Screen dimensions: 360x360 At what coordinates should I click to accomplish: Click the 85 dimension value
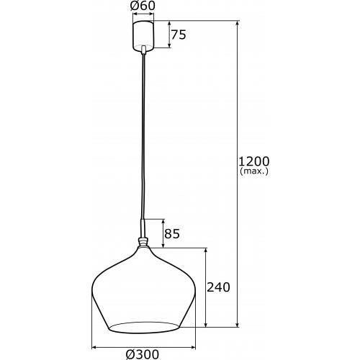[173, 233]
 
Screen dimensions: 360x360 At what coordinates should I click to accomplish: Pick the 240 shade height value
[218, 287]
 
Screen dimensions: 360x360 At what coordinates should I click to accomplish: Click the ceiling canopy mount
[144, 35]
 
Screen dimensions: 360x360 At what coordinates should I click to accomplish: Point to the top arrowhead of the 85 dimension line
[163, 221]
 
